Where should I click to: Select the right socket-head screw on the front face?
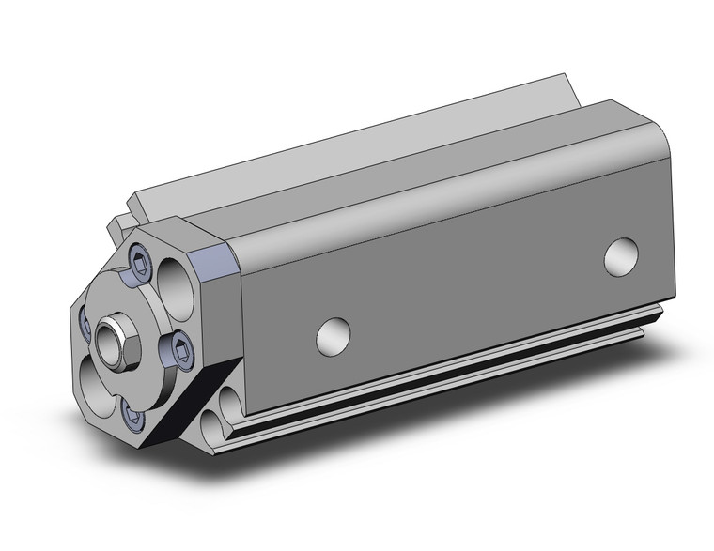tap(181, 351)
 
